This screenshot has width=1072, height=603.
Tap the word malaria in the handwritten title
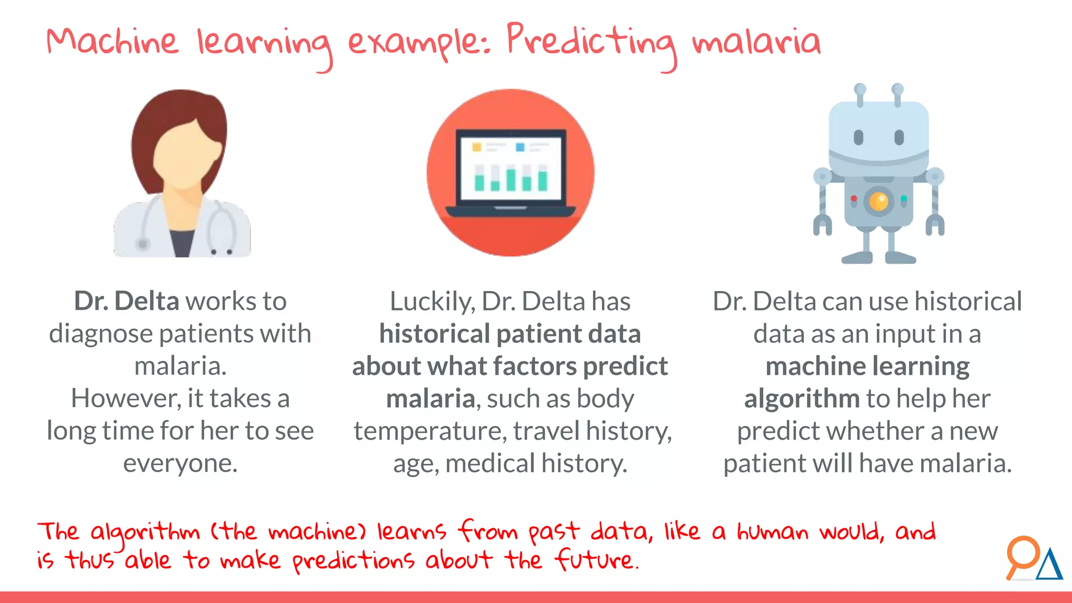pyautogui.click(x=756, y=42)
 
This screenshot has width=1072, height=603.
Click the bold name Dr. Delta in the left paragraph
pyautogui.click(x=127, y=301)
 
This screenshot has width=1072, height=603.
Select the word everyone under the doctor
pyautogui.click(x=180, y=463)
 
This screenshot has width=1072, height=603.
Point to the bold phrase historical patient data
pyautogui.click(x=510, y=334)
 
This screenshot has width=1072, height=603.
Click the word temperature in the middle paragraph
pyautogui.click(x=430, y=431)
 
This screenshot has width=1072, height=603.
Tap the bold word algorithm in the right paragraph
pyautogui.click(x=801, y=399)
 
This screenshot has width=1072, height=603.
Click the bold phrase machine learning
pyautogui.click(x=867, y=366)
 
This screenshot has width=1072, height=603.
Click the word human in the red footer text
pyautogui.click(x=773, y=532)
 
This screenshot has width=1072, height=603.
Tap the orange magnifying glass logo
pyautogui.click(x=1021, y=555)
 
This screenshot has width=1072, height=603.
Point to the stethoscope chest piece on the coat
pyautogui.click(x=142, y=244)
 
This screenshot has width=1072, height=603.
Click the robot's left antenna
pyautogui.click(x=859, y=94)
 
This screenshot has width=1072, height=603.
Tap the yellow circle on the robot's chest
pyautogui.click(x=879, y=201)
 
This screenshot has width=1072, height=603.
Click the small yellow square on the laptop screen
pyautogui.click(x=477, y=148)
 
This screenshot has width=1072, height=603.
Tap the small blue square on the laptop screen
pyautogui.click(x=520, y=148)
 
